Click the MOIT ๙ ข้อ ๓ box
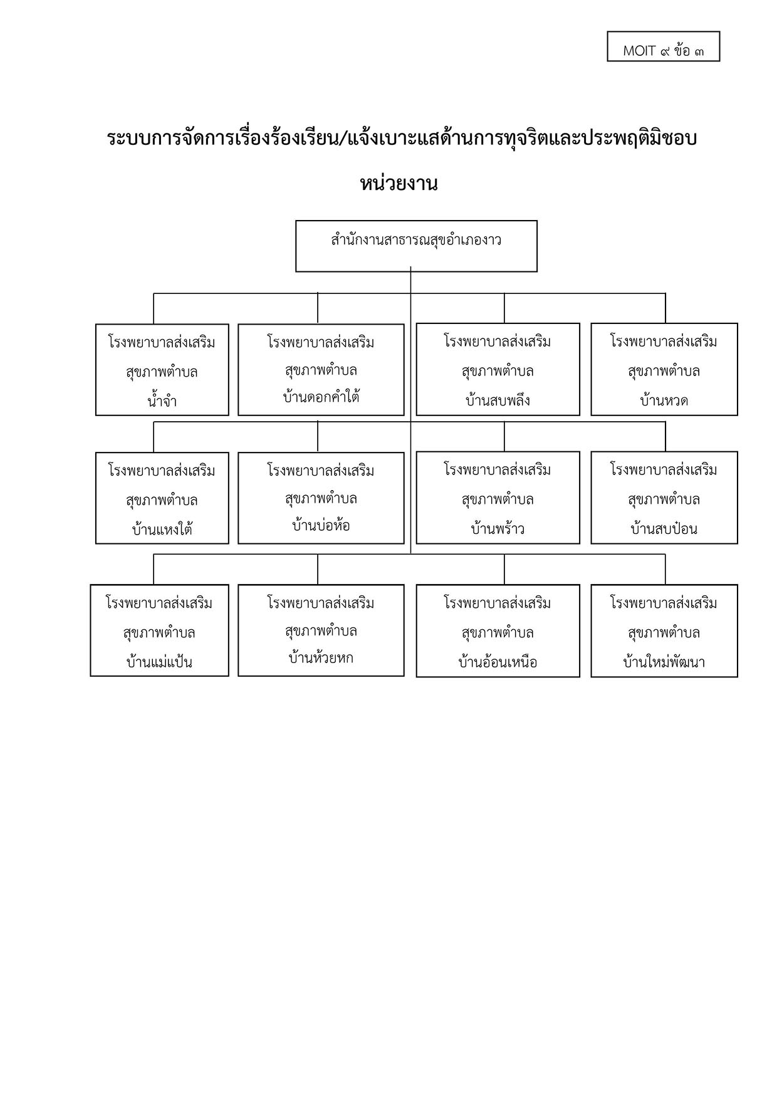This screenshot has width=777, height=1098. tap(664, 46)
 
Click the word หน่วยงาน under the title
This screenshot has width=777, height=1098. tap(398, 184)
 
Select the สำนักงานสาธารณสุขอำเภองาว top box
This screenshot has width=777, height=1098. tap(416, 246)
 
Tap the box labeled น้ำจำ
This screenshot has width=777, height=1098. tap(162, 369)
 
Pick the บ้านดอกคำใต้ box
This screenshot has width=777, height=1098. tap(321, 369)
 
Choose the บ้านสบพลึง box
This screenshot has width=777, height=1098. tap(498, 369)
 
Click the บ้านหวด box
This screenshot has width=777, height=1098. tap(664, 369)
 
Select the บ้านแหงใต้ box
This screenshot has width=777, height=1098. tap(162, 498)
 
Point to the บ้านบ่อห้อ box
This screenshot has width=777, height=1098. tap(321, 498)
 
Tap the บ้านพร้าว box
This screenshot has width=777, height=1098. tap(498, 497)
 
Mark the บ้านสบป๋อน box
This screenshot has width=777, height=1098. tap(664, 497)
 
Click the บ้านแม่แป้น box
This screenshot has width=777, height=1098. tap(159, 630)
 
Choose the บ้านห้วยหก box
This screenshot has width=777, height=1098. tap(321, 630)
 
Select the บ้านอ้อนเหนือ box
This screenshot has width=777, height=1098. tap(498, 631)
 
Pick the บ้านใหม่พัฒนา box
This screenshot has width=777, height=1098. tap(664, 631)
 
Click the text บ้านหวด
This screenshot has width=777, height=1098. tap(664, 400)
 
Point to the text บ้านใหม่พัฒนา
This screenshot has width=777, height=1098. tap(664, 662)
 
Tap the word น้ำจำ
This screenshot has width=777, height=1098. tap(162, 400)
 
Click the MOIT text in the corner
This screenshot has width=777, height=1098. tap(639, 51)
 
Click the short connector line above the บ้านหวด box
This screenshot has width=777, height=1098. tap(665, 308)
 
